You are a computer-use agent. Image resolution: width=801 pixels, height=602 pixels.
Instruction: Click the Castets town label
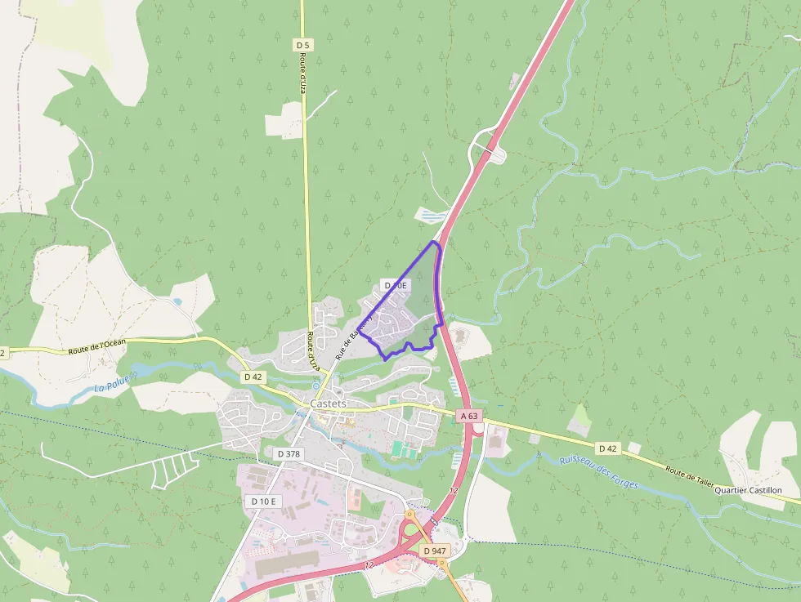click(x=328, y=404)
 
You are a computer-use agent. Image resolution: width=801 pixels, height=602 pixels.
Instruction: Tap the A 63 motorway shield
click(x=468, y=416)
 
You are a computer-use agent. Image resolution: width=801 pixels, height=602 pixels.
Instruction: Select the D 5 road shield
click(x=303, y=45)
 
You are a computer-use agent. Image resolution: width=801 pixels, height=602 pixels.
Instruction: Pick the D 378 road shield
click(x=289, y=453)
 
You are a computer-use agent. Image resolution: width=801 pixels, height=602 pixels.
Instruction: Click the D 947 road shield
click(x=436, y=551)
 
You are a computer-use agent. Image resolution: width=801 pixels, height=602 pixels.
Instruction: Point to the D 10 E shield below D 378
click(x=264, y=501)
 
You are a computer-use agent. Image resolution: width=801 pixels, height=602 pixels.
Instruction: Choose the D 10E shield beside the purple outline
click(x=395, y=285)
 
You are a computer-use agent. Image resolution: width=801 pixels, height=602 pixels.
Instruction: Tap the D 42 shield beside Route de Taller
click(x=606, y=448)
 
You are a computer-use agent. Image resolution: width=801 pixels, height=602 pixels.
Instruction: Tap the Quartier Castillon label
click(x=748, y=490)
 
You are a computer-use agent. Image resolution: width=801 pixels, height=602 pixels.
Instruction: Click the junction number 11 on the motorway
click(x=435, y=520)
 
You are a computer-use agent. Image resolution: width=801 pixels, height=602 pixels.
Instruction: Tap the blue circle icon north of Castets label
click(x=317, y=385)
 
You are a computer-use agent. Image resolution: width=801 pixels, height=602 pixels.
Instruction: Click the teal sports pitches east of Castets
click(x=398, y=449)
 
